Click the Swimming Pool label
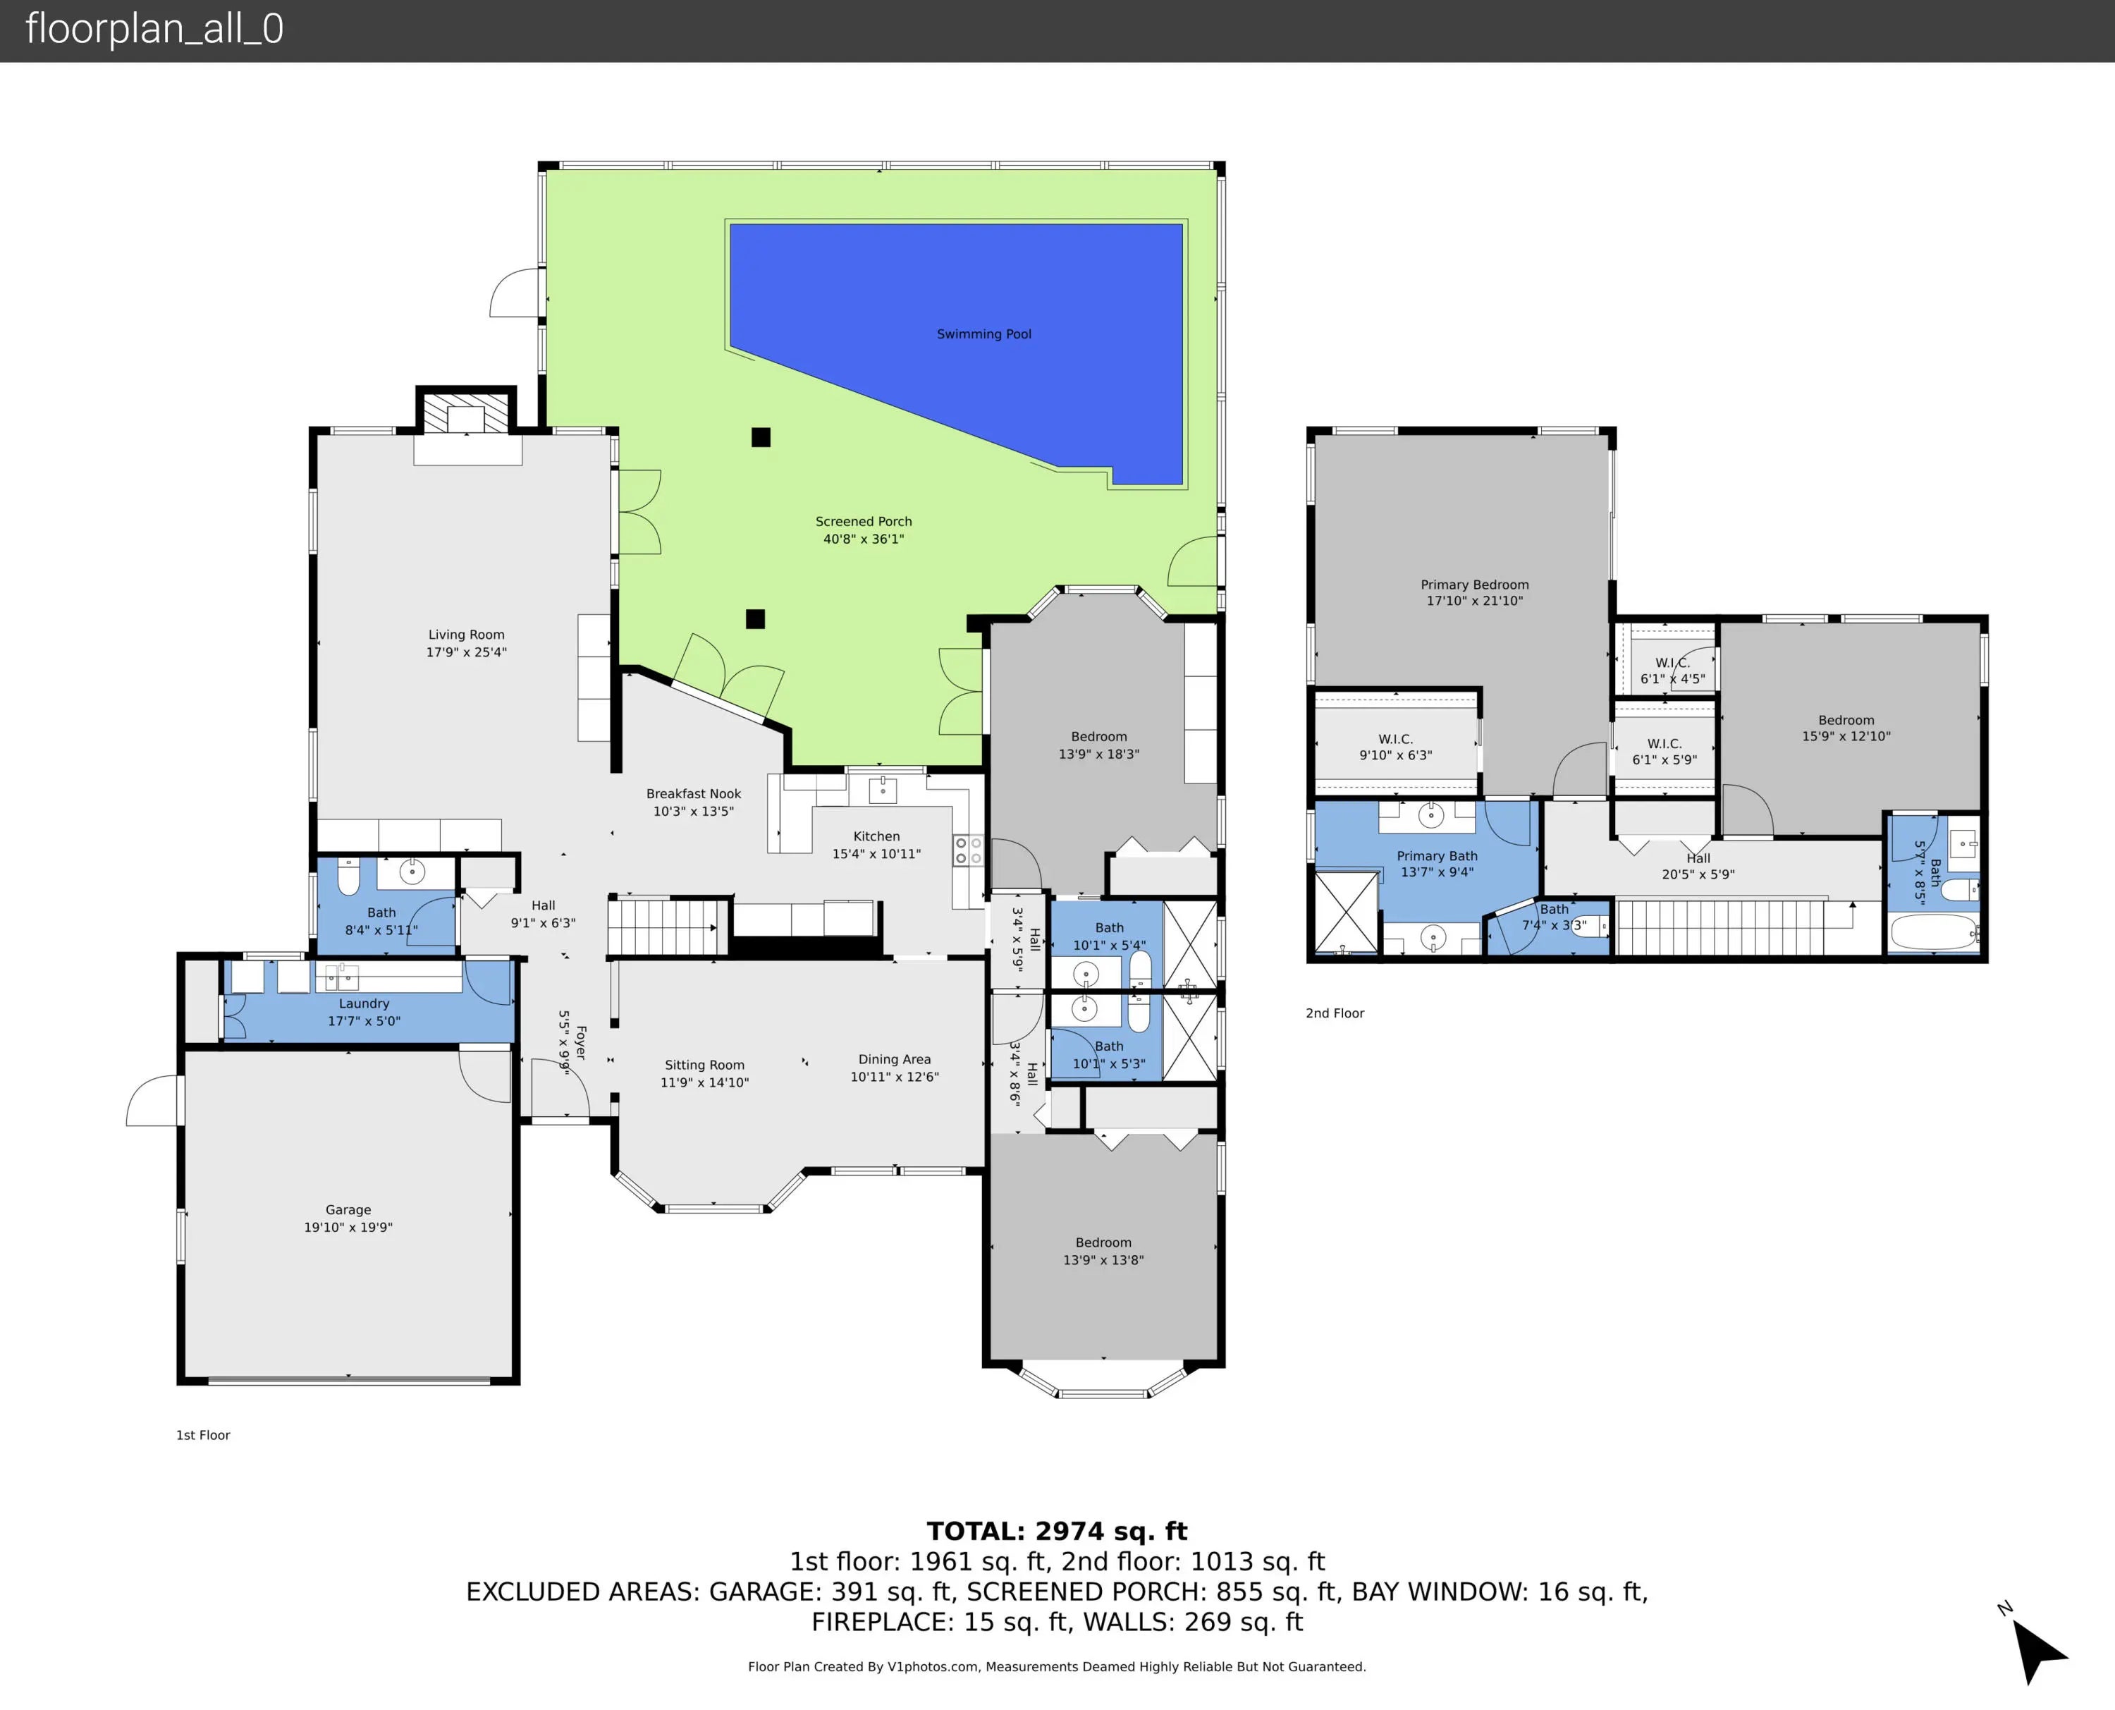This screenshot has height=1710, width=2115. click(983, 334)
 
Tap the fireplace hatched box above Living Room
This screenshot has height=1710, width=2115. click(467, 413)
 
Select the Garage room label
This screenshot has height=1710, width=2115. click(348, 1209)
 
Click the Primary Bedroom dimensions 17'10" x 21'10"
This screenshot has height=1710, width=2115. click(1474, 601)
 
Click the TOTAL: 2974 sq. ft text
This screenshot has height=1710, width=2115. click(1057, 1532)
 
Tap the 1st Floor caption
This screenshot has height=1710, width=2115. click(203, 1435)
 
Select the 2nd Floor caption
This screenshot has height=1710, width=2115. click(1335, 1013)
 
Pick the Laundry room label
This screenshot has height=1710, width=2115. click(364, 1003)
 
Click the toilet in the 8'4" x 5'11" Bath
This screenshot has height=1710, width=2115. click(348, 876)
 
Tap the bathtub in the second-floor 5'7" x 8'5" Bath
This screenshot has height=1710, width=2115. click(1934, 931)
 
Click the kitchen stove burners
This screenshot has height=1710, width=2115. click(968, 851)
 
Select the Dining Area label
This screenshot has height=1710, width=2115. click(894, 1060)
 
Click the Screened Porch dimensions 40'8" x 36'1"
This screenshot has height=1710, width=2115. click(864, 539)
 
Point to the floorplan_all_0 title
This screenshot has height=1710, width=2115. click(154, 29)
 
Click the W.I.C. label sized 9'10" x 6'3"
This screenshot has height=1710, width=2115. click(1395, 739)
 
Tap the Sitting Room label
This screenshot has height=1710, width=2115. click(704, 1065)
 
